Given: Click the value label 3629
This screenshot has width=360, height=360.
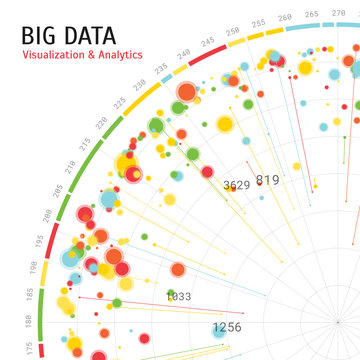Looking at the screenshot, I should [237, 185].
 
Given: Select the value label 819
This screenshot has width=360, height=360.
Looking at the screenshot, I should [267, 180].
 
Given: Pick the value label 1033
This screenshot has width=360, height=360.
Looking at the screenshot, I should [178, 297].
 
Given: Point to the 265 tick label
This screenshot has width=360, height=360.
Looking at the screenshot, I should [311, 14].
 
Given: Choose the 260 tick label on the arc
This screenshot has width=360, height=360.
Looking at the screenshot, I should [285, 17].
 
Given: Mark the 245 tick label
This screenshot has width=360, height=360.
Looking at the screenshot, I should [208, 41].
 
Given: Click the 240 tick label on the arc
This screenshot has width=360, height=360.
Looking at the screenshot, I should [184, 54].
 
